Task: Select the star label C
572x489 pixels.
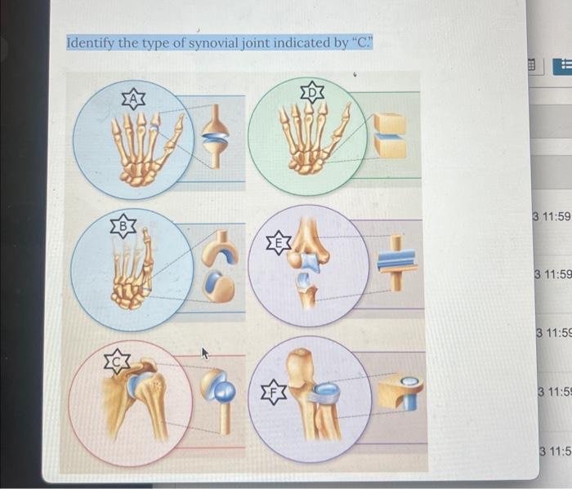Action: [x=118, y=359]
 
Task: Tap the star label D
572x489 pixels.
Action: [x=312, y=91]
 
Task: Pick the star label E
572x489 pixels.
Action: [x=279, y=242]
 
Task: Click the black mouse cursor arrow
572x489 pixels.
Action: [x=204, y=353]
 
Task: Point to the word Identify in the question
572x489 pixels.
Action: [x=91, y=42]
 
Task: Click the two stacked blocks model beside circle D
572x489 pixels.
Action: [x=389, y=135]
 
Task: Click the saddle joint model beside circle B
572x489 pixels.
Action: [x=220, y=269]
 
